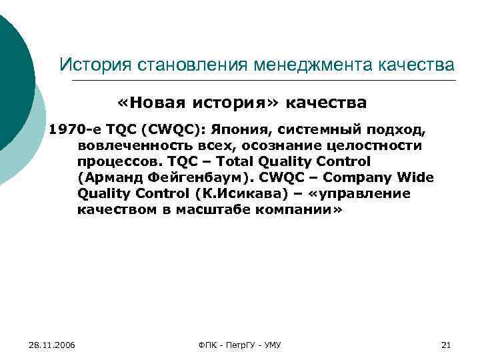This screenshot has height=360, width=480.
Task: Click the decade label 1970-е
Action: point(71,129)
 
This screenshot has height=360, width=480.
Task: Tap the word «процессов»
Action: point(118,161)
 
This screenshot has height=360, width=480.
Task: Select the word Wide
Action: point(417,177)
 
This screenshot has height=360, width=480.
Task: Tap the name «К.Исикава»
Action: point(238,193)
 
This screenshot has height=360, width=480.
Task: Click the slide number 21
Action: point(447,345)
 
